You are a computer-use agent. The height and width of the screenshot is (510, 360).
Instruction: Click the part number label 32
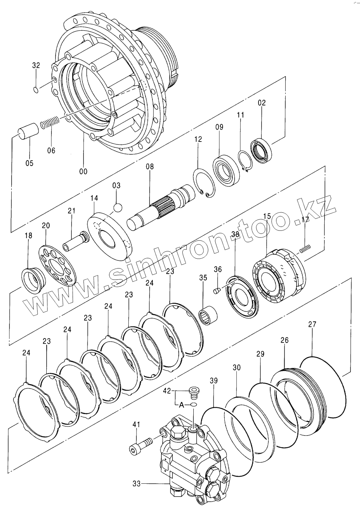tap(36, 66)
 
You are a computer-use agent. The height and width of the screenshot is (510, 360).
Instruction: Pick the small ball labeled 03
tap(117, 208)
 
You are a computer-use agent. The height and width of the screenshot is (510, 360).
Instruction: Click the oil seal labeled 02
tap(261, 150)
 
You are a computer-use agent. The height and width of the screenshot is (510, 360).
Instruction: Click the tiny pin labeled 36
tap(216, 290)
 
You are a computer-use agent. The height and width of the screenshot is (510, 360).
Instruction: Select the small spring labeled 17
tap(306, 248)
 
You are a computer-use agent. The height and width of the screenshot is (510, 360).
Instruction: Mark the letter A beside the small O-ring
tap(181, 405)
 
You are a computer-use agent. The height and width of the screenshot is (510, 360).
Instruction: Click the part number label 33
tap(136, 484)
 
